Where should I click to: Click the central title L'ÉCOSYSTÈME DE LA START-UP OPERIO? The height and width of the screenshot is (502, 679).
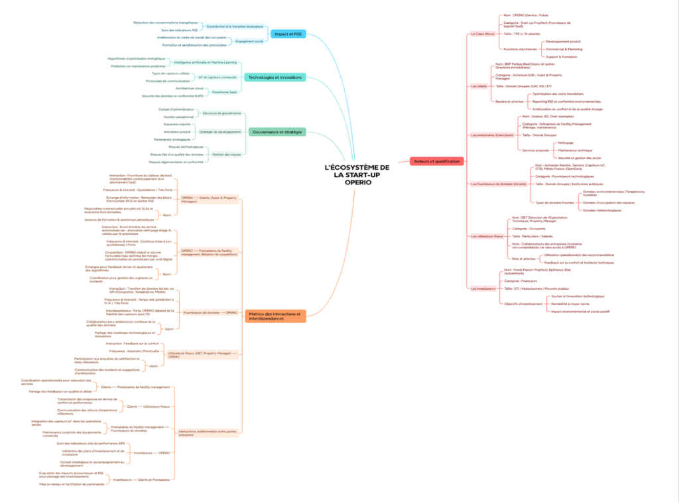click(x=357, y=174)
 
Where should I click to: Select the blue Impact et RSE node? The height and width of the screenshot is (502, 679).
click(x=288, y=34)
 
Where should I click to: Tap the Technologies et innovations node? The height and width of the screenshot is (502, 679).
click(x=276, y=77)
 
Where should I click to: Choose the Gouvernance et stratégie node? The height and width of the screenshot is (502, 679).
click(x=277, y=132)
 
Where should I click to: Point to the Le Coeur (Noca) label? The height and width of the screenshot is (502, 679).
click(x=482, y=33)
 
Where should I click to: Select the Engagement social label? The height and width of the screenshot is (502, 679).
click(x=249, y=41)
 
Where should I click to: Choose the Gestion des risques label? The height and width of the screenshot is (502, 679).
click(x=226, y=154)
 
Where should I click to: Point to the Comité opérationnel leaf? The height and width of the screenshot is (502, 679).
click(x=178, y=117)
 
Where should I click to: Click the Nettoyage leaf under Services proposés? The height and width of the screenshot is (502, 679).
click(x=566, y=143)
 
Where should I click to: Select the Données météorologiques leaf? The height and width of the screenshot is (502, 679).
click(x=602, y=210)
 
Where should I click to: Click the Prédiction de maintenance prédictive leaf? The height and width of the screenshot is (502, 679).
click(x=138, y=66)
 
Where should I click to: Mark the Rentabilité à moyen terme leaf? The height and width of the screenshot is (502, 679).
click(x=574, y=304)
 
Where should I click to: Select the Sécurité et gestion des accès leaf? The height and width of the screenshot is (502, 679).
click(x=579, y=158)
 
